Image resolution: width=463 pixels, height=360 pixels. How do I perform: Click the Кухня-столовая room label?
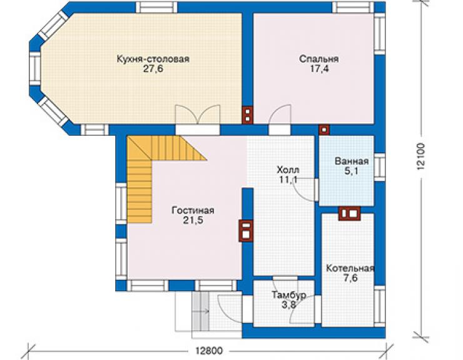(x=153, y=59)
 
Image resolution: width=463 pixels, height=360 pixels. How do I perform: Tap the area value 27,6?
(x=153, y=69)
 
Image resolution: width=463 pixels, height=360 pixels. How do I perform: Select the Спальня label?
(x=319, y=59)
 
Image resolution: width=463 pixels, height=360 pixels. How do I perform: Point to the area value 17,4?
(x=319, y=69)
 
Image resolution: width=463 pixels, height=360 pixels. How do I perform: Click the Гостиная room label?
(x=193, y=210)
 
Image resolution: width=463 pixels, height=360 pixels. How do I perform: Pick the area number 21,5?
(x=193, y=220)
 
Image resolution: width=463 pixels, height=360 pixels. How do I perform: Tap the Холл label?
(x=288, y=170)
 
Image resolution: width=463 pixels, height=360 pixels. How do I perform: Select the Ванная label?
(x=352, y=161)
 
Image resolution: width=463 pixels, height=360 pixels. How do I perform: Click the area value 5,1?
(x=352, y=171)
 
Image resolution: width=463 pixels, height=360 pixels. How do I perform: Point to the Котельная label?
(x=350, y=269)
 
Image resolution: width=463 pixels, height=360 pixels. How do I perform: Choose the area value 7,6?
(x=350, y=278)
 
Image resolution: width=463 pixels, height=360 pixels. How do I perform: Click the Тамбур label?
(x=289, y=295)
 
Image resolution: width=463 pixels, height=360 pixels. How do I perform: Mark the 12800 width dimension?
(x=209, y=351)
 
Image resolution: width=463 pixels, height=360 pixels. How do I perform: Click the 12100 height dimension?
(x=421, y=156)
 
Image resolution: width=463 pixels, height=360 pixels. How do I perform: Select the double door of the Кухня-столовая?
(x=198, y=115)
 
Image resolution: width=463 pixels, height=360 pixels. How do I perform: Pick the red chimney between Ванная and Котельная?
(x=349, y=213)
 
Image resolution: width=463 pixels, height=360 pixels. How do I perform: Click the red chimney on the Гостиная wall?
(x=246, y=231)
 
